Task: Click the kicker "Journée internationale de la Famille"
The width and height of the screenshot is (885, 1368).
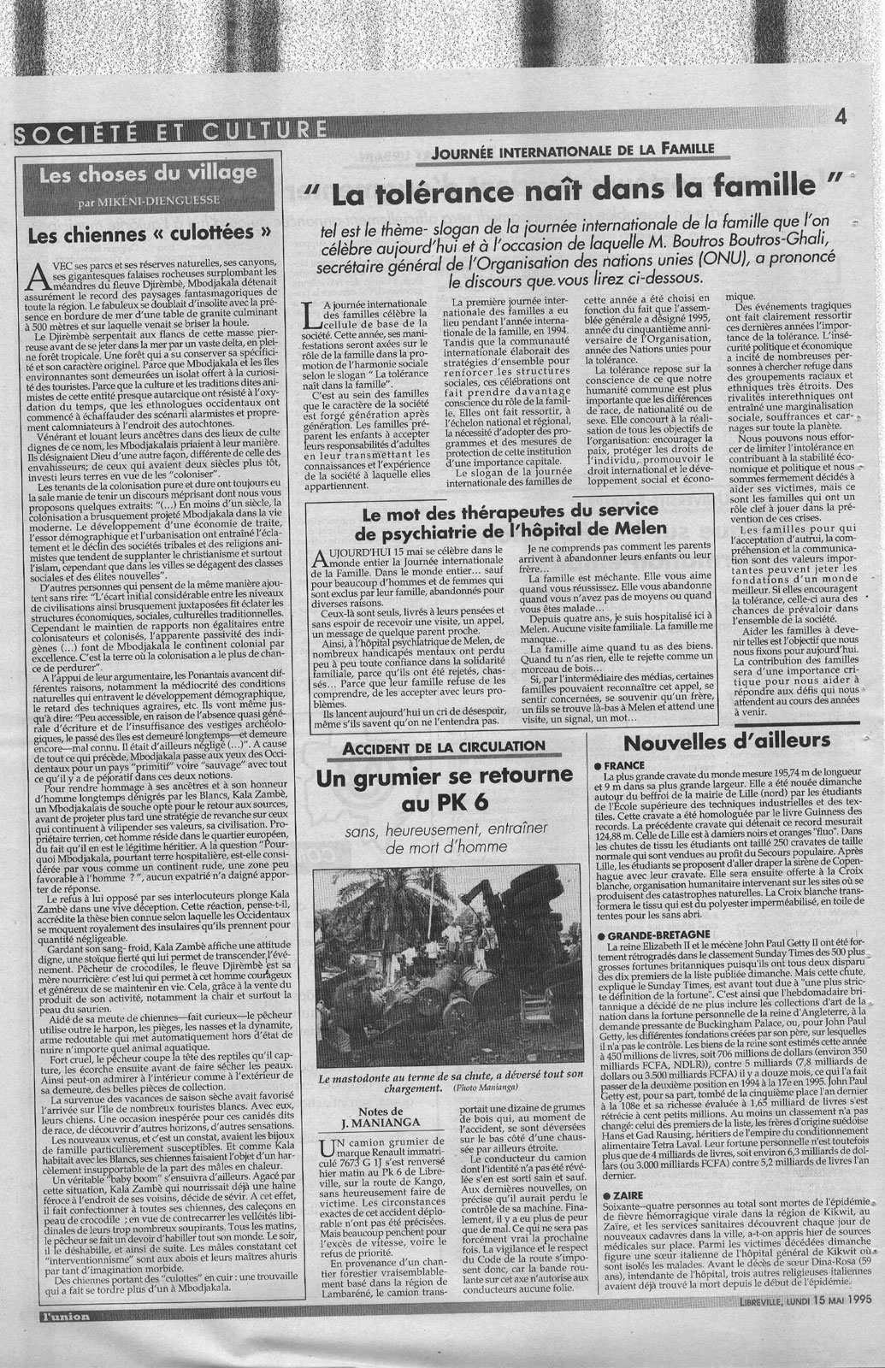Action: (573, 149)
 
